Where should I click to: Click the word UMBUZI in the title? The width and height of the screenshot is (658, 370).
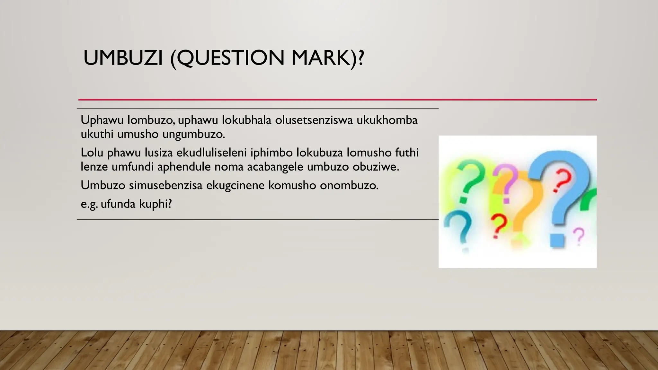pyautogui.click(x=123, y=58)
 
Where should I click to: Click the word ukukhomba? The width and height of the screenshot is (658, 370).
pyautogui.click(x=387, y=120)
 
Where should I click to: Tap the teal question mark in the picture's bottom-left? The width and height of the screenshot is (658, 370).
pyautogui.click(x=459, y=228)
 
